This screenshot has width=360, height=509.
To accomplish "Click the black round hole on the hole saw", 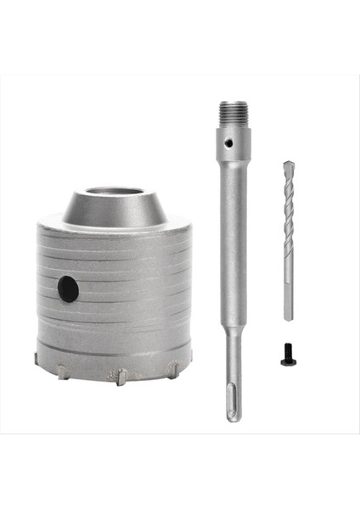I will [68, 289].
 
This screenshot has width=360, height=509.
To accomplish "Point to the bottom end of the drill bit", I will [288, 319].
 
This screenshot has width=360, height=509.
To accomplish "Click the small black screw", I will [288, 359].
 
